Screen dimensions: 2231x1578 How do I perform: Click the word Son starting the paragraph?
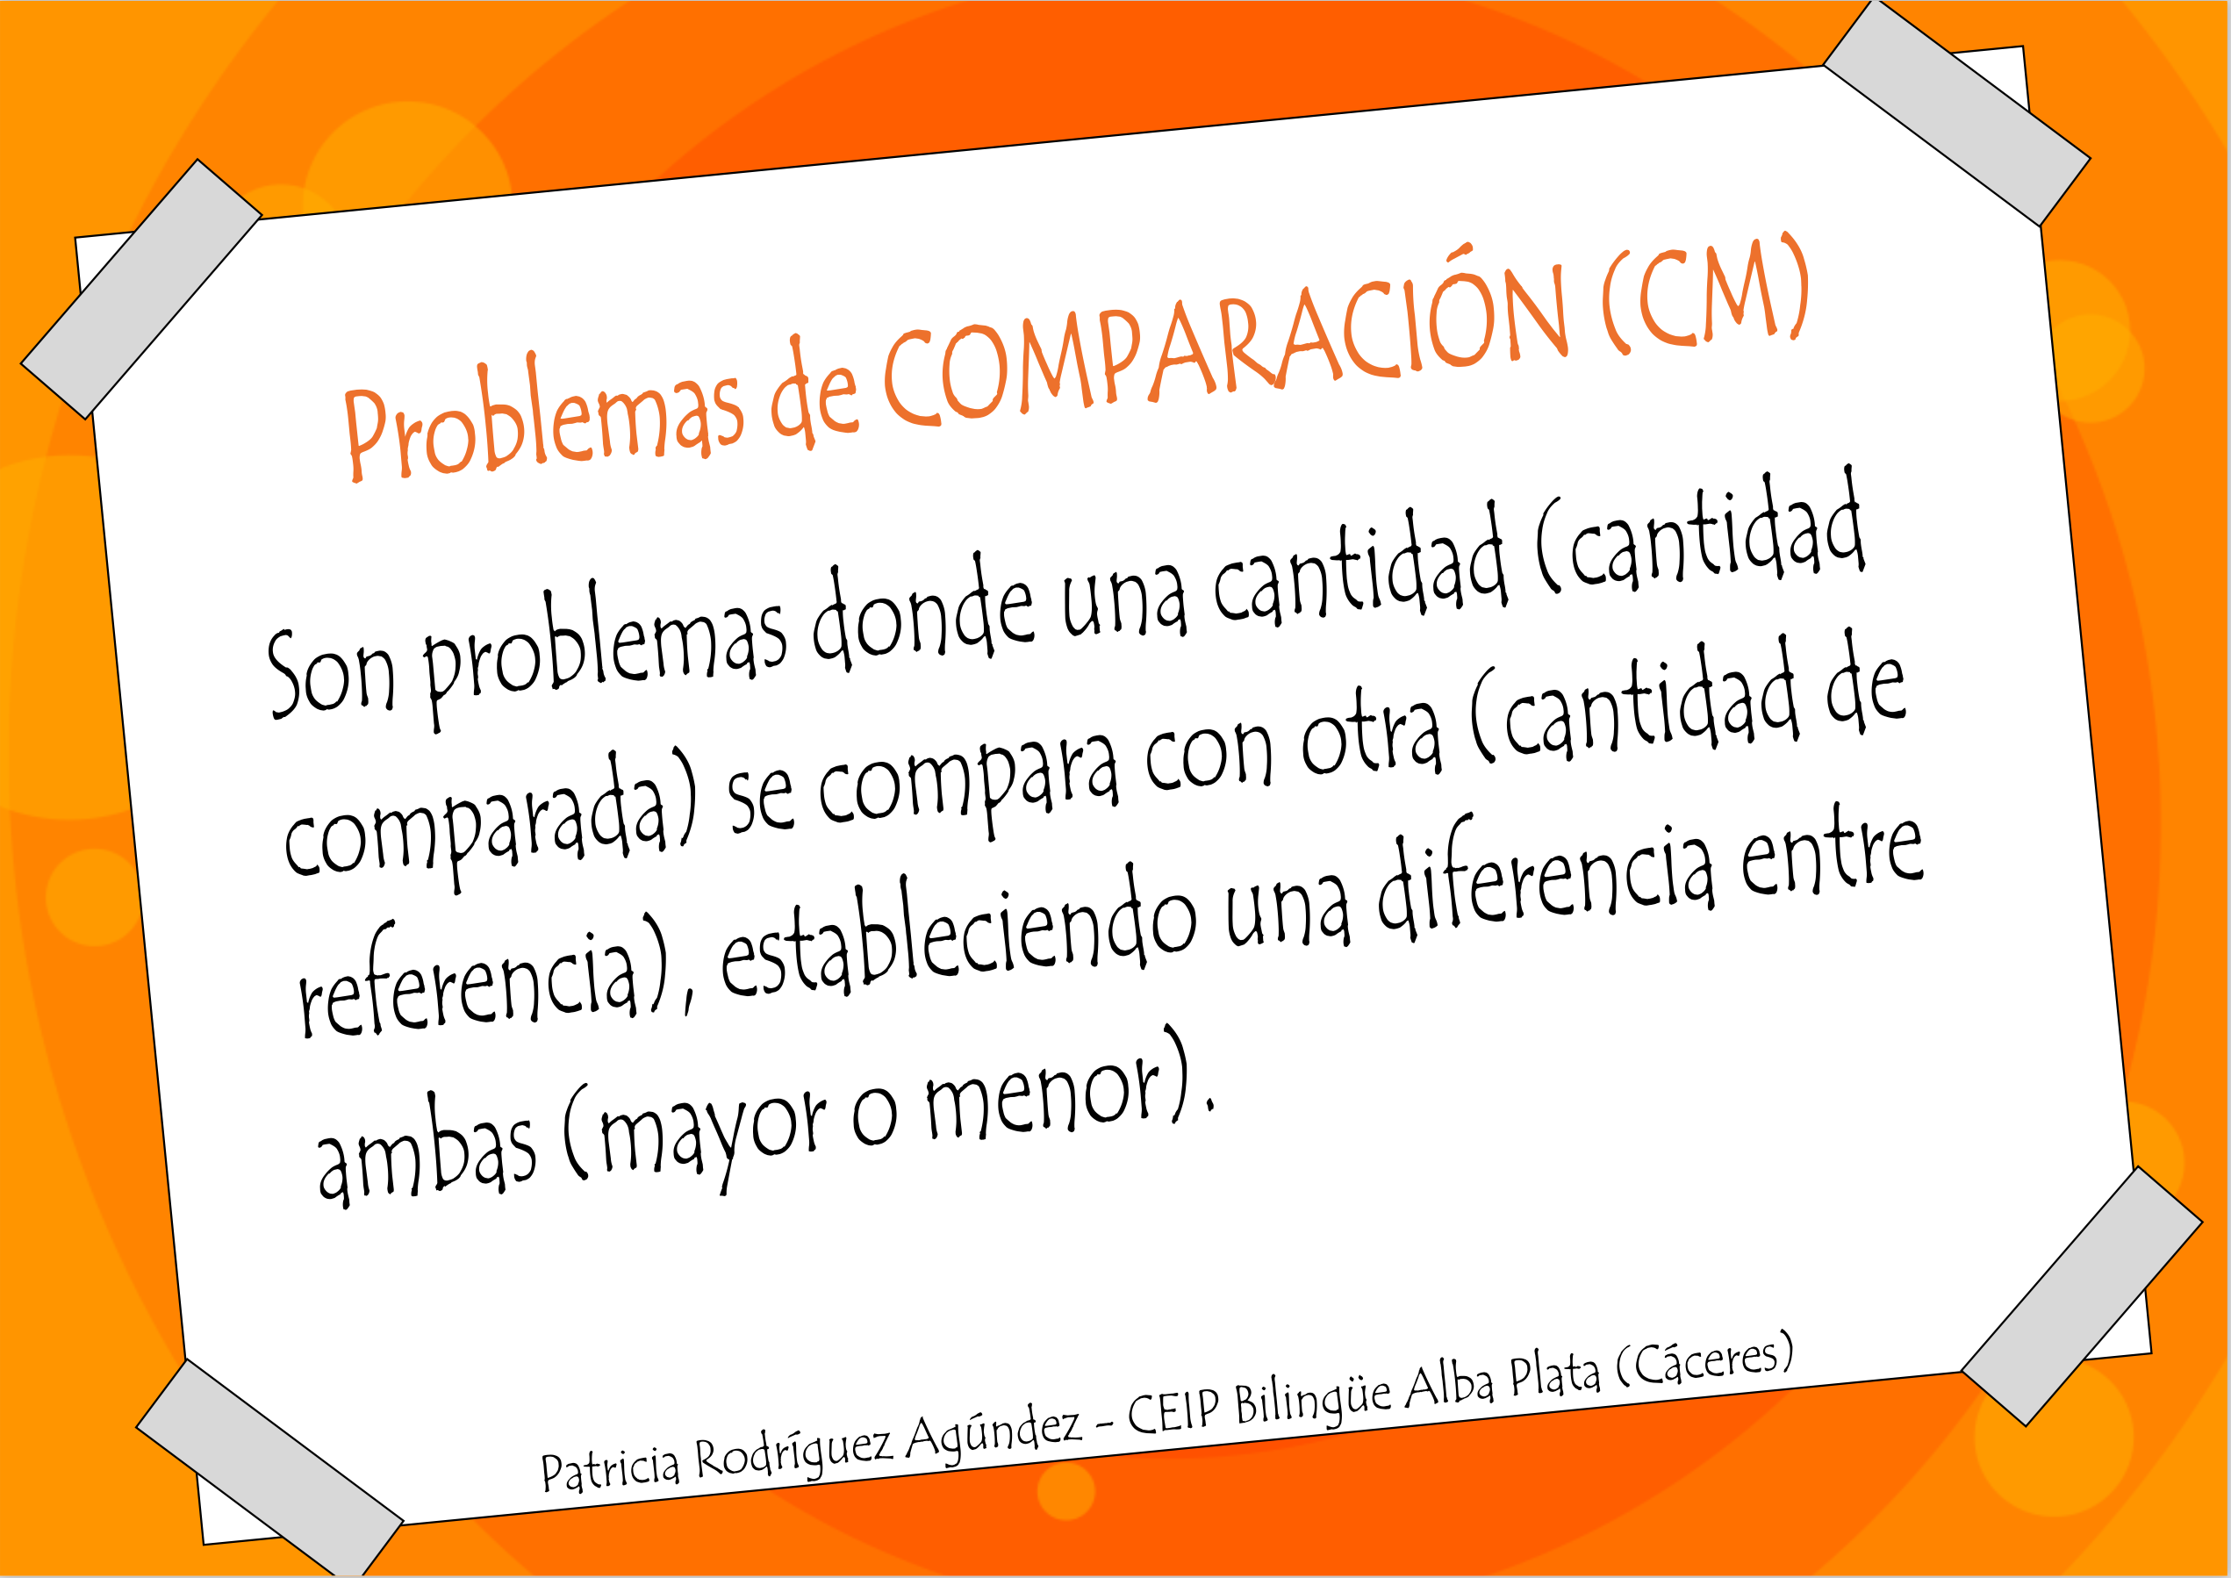pyautogui.click(x=330, y=673)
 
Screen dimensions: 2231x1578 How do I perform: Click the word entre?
pyautogui.click(x=1831, y=855)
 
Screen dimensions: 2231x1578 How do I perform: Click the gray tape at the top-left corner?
pyautogui.click(x=141, y=289)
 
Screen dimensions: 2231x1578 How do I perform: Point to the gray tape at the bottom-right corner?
pyautogui.click(x=2083, y=1296)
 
